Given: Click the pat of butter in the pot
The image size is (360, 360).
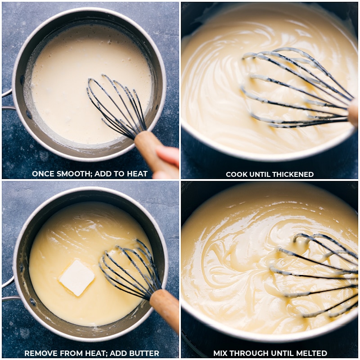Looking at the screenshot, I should click(77, 278).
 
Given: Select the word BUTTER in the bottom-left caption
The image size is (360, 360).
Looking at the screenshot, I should click(142, 353).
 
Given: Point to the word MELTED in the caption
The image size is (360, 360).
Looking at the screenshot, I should click(311, 353).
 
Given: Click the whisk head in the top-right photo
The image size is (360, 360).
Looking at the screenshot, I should click(297, 88).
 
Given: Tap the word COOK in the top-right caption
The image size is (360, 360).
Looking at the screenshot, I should click(237, 174).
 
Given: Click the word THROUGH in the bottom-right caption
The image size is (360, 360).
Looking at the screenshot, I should click(251, 353).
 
